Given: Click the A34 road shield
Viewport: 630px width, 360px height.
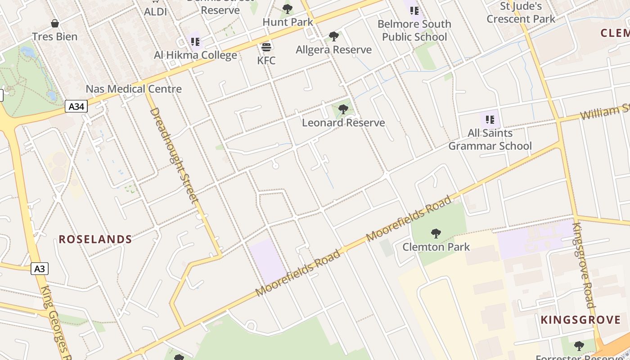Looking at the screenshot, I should (76, 107).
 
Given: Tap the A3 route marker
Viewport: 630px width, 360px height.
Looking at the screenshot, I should (40, 269).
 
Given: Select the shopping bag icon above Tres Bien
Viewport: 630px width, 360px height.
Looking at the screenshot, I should (55, 23).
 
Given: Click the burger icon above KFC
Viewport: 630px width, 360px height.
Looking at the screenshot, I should (266, 47).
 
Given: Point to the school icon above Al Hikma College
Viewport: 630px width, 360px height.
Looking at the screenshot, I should (195, 42).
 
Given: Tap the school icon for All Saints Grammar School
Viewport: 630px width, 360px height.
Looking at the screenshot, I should (490, 120).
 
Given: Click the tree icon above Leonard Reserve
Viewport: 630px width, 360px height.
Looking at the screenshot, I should (343, 109).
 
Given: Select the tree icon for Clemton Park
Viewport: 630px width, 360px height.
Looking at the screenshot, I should (436, 233).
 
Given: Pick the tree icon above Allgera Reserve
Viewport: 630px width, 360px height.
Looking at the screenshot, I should (333, 36).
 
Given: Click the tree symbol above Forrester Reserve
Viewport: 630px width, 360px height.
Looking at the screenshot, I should (579, 346).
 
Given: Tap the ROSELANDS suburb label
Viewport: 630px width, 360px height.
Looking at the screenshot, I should (95, 239).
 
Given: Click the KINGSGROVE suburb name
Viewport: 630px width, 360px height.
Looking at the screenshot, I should (580, 320).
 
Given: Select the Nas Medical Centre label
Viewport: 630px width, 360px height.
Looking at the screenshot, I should (134, 89).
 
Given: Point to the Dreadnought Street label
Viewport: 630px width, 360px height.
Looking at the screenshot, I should (174, 155).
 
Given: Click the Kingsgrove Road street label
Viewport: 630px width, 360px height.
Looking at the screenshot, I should (584, 265).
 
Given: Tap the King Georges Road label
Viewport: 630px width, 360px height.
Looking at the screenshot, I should (56, 322).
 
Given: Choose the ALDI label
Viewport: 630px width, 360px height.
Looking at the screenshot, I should (155, 12).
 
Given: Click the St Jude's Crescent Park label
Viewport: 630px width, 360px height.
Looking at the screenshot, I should (521, 13).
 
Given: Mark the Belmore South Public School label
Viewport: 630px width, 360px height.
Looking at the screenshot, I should (414, 30).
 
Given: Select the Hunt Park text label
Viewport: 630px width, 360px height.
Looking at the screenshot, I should (288, 22).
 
